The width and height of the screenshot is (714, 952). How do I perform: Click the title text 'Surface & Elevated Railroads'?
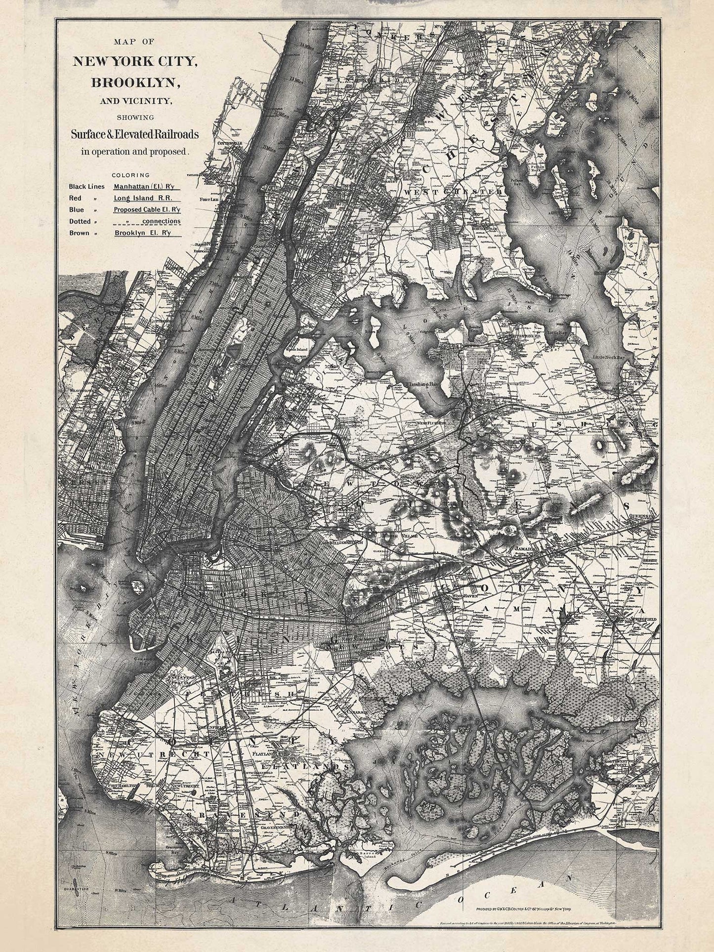(x=134, y=134)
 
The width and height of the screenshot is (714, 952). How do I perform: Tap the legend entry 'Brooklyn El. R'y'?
(x=142, y=233)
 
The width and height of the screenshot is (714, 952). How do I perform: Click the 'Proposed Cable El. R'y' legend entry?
(x=147, y=209)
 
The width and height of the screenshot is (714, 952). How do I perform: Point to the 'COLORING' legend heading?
(x=130, y=175)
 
